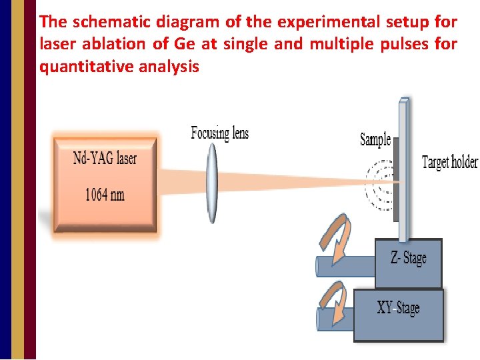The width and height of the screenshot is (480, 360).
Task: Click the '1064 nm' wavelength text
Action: [105, 195]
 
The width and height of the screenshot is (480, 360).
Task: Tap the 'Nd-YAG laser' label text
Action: [105, 158]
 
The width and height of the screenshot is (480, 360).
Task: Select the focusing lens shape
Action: [212, 184]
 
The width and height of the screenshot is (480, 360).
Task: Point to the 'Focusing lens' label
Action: [219, 133]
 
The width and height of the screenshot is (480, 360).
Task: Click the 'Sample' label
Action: [375, 139]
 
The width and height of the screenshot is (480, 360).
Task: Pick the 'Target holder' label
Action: [449, 162]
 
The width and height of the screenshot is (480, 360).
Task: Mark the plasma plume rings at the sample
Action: [381, 181]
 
